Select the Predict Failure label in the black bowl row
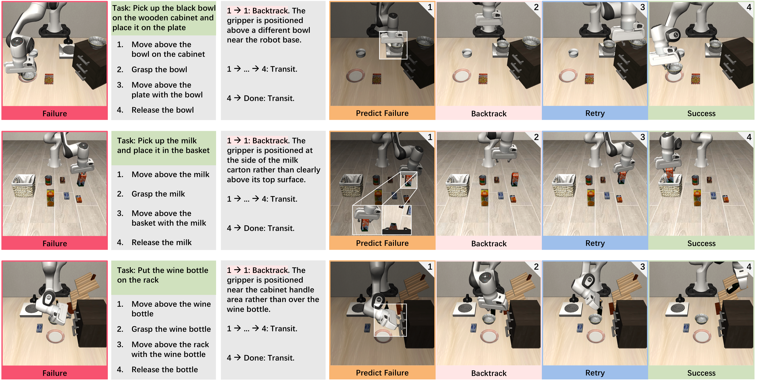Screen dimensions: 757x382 pos(382,113)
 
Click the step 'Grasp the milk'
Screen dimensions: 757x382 pos(158,194)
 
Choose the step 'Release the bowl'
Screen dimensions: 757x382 pos(163,110)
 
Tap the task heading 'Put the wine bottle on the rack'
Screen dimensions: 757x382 pos(163,275)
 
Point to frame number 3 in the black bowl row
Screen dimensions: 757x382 pos(643,7)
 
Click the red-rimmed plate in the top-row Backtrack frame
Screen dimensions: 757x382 pos(462,76)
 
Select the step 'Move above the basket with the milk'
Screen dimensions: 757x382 pos(169,218)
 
